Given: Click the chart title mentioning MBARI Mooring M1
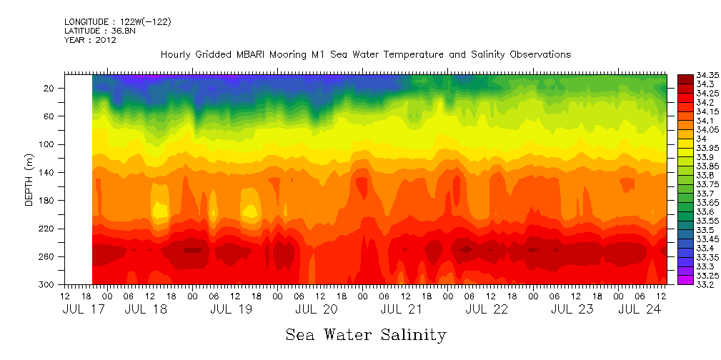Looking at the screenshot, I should pyautogui.click(x=365, y=55).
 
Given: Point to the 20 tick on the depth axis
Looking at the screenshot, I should pyautogui.click(x=50, y=88).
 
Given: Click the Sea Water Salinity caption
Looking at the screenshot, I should pyautogui.click(x=365, y=334).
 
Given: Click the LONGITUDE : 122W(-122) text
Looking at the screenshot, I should pyautogui.click(x=117, y=22).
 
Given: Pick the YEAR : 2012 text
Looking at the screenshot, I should pyautogui.click(x=90, y=41).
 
